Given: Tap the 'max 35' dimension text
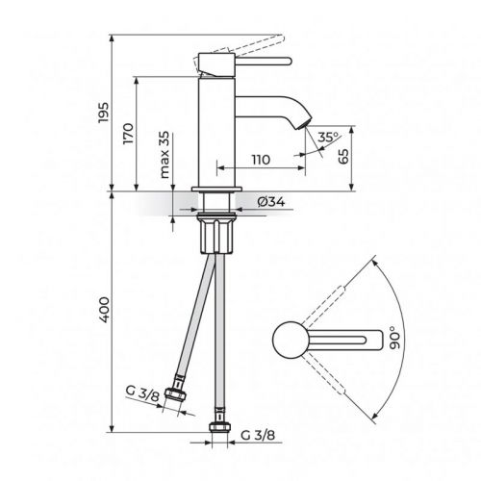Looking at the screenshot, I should pyautogui.click(x=165, y=152).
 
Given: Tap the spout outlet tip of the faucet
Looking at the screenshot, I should pyautogui.click(x=305, y=126).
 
